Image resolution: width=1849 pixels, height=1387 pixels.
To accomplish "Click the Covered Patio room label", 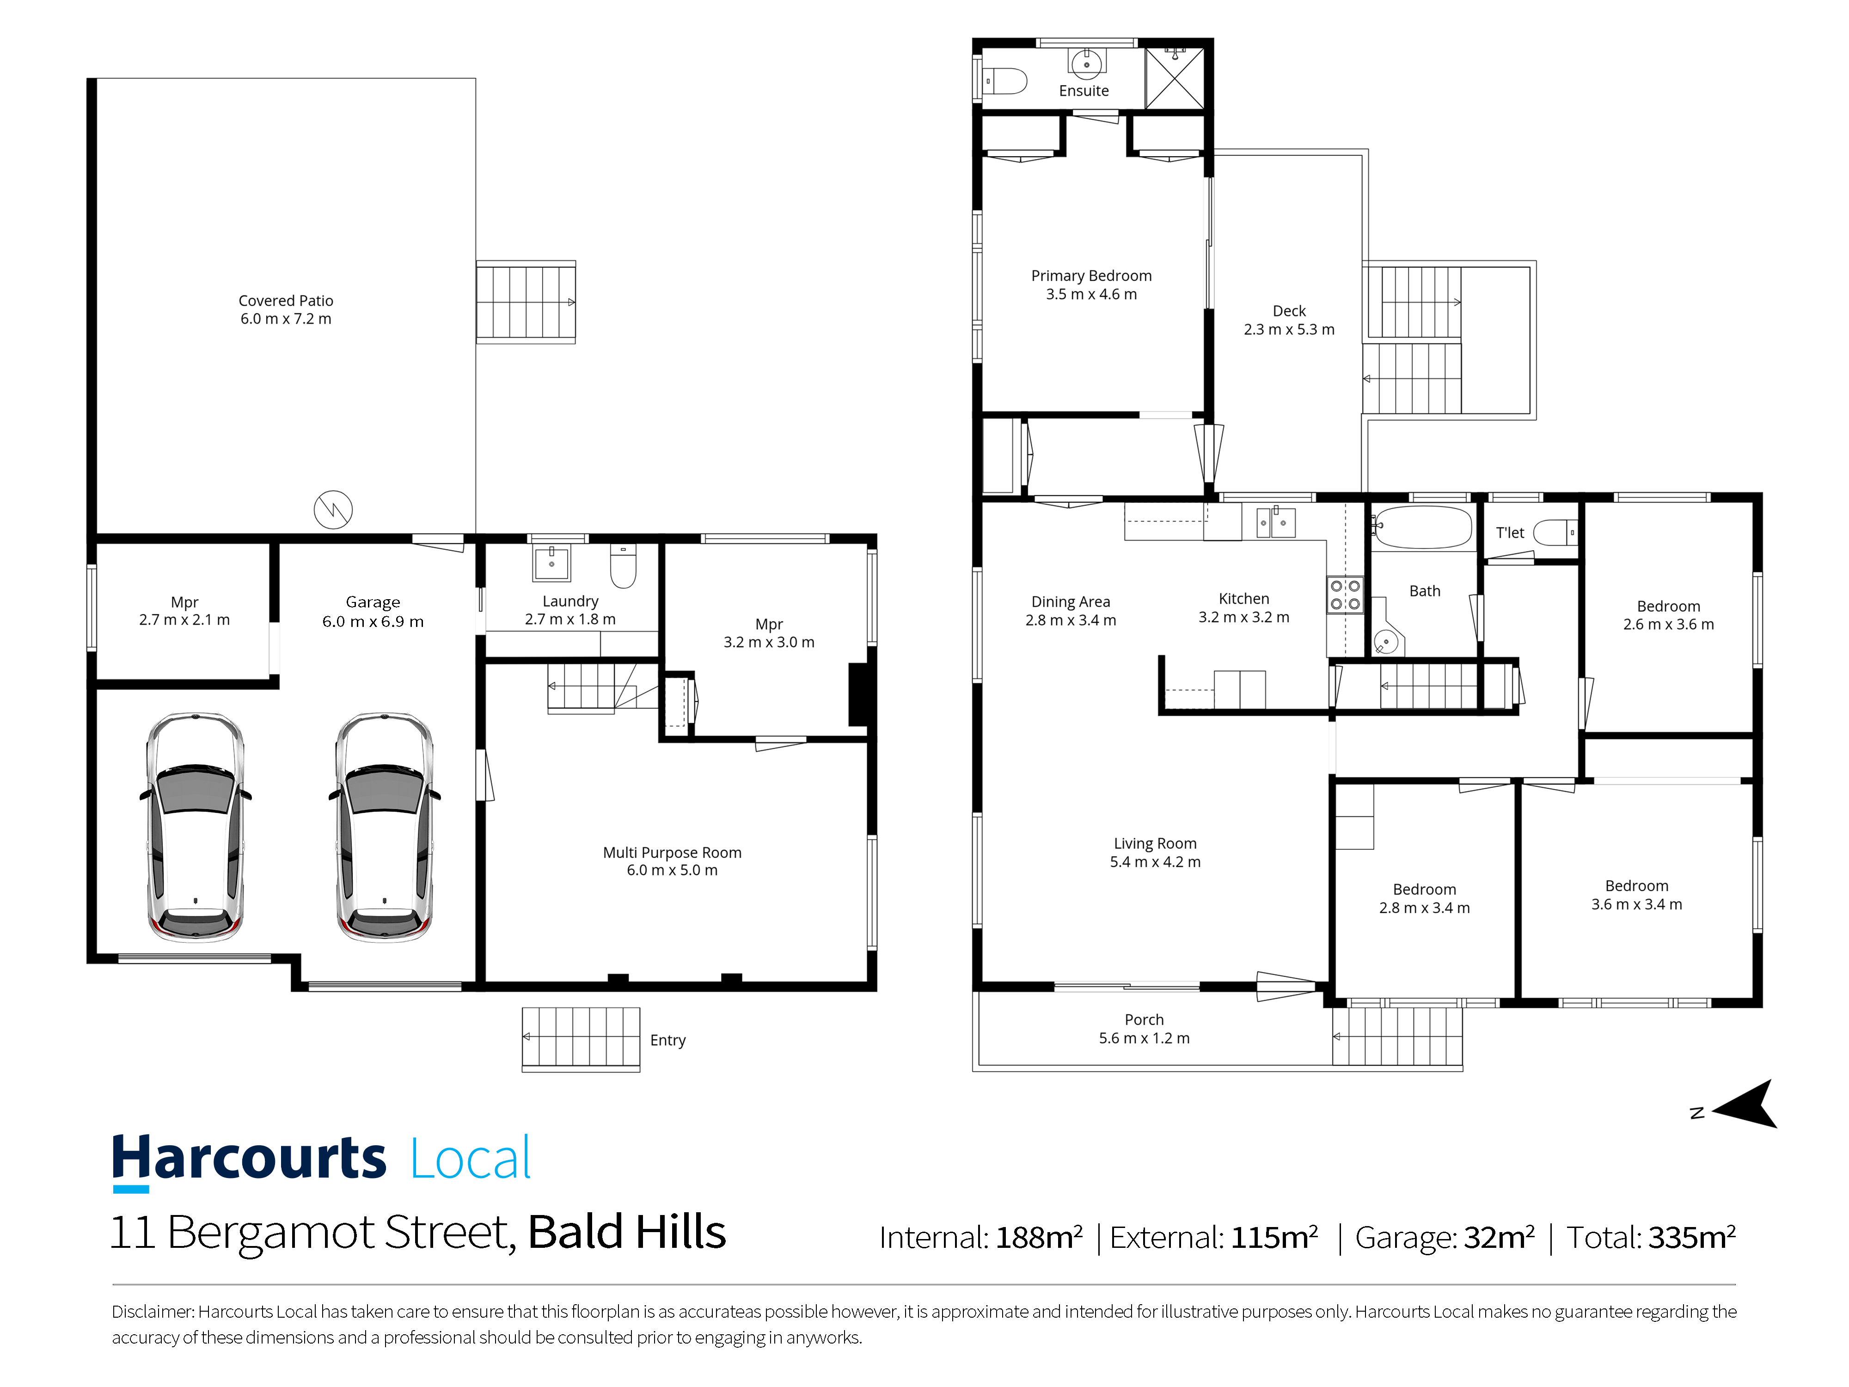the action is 286,309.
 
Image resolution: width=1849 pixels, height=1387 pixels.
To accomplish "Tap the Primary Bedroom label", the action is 1091,284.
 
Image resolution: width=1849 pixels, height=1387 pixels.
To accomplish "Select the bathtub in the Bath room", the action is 1422,527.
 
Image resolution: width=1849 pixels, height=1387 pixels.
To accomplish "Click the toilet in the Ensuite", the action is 1005,81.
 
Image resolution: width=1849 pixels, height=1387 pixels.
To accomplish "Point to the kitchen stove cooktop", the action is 1345,595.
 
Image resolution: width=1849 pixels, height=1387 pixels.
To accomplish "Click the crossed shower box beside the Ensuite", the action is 1175,78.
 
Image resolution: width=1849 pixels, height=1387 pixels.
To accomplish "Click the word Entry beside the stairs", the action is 668,1040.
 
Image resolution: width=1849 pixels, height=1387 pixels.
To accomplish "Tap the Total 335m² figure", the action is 1651,1237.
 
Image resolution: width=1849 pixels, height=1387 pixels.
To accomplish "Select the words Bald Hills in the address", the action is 627,1232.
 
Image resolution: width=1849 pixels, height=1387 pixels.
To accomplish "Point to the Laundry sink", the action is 551,563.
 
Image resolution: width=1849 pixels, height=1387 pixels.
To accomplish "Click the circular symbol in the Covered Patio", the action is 333,509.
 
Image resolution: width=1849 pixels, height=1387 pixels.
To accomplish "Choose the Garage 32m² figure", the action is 1445,1237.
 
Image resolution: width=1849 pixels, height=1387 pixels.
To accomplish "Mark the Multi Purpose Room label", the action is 672,861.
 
